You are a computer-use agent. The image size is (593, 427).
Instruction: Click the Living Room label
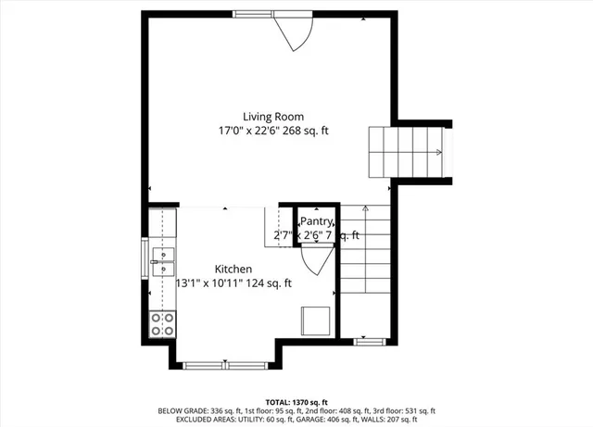coord(273,117)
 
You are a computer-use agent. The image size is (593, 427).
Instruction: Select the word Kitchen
coord(233,269)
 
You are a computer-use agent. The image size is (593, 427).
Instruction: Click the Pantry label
coord(316,221)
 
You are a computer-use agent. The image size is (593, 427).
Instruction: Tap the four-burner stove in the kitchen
coord(162,323)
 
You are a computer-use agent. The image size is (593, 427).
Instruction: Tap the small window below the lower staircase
coord(367,342)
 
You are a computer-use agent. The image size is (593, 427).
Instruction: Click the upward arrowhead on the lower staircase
coord(365,210)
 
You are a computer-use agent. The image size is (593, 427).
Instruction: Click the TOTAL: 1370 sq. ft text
coord(296,402)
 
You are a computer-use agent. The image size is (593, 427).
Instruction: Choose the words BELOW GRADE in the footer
coord(182,410)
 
